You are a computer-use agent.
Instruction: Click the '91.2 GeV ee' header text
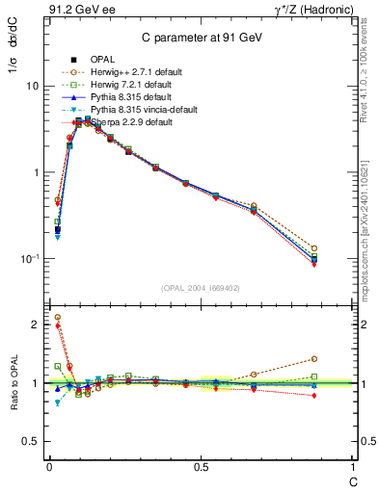tap(72, 12)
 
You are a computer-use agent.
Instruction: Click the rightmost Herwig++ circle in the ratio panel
tap(341, 358)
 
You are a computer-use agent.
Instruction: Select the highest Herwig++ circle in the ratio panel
tap(57, 317)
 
